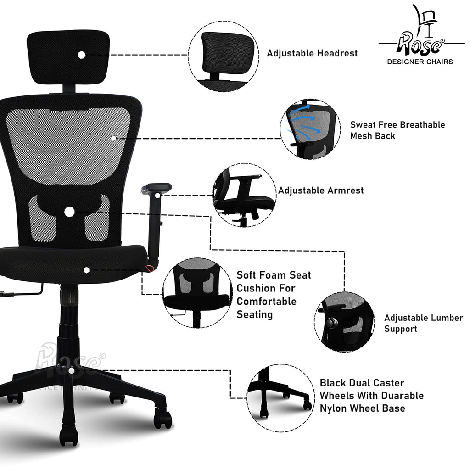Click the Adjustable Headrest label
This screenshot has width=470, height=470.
pos(312,53)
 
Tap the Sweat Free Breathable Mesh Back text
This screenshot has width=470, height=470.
pos(397,130)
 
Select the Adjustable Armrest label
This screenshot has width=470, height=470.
pos(321,190)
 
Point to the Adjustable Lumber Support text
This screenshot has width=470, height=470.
pos(424,323)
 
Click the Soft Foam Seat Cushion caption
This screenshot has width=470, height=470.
pos(274,295)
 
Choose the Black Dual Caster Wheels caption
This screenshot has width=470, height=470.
pos(371,395)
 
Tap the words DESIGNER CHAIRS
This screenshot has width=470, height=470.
pos(420,62)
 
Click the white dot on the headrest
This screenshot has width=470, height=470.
pos(82,55)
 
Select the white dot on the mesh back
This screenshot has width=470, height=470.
pos(113,138)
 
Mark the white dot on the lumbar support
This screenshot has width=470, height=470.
pos(69,212)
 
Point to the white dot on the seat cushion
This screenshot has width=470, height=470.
pos(86,270)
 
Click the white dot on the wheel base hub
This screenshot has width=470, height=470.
pos(71,371)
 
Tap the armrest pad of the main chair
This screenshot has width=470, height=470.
pos(156,188)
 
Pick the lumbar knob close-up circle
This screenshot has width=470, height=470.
pos(345,322)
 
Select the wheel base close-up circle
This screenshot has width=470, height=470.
pos(280,398)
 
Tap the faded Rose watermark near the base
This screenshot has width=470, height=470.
pos(70,360)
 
